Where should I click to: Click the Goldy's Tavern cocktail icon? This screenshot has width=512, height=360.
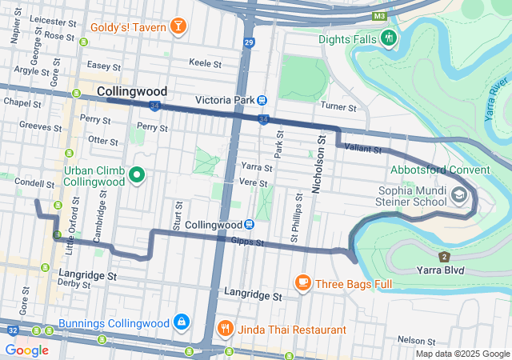(x=178, y=26)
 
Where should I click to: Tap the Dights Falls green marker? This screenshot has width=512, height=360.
(x=389, y=37)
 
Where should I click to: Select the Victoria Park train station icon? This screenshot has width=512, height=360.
(x=262, y=100)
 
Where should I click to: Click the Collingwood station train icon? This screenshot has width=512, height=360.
(x=250, y=226)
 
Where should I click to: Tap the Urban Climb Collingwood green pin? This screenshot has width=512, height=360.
(x=137, y=175)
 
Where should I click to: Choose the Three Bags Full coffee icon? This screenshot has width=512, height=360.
(x=302, y=282)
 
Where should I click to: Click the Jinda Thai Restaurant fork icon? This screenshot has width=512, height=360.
(x=226, y=329)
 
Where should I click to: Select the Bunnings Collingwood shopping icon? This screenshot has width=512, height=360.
(x=182, y=322)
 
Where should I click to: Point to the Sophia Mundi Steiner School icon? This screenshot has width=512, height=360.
(x=460, y=194)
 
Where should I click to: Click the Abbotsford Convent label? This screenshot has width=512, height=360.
(x=440, y=170)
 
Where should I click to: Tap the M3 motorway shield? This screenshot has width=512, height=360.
(x=379, y=16)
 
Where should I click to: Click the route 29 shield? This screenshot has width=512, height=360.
(x=250, y=41)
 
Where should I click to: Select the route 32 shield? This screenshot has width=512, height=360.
(x=12, y=330)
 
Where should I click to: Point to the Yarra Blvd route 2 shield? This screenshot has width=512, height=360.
(x=444, y=256)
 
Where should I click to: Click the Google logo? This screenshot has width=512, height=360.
(x=26, y=350)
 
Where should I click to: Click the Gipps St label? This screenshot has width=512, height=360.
(x=247, y=241)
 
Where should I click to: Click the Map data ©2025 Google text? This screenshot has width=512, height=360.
(x=462, y=354)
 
